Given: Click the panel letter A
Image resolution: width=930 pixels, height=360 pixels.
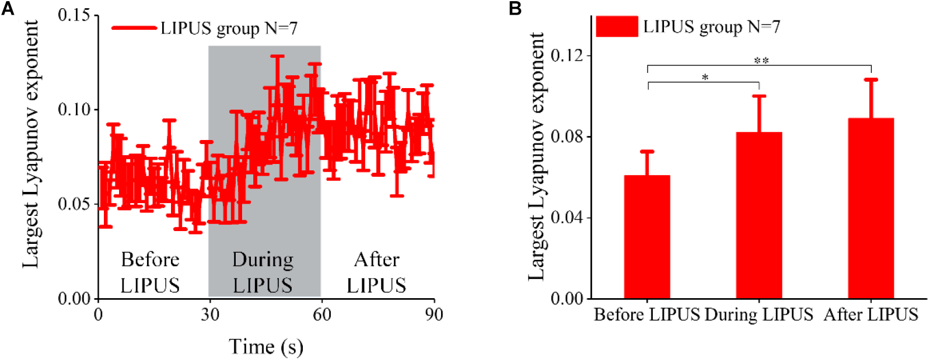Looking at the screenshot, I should coord(8,9).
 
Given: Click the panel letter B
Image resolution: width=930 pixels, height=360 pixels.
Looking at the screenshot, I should coord(515,9).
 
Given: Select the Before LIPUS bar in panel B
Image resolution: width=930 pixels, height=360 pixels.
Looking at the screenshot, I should coord(647,236).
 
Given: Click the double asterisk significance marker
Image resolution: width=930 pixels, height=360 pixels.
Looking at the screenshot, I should coord(761,61).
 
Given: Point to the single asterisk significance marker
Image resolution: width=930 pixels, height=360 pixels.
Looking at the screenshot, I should coord(705,78).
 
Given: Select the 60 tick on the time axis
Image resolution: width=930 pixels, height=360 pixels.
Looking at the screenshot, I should coord(321,315).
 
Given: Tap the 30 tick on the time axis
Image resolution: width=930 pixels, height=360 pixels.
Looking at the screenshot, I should coord(210,315).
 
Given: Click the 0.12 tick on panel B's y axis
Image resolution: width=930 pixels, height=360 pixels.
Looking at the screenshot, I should coord(567,55).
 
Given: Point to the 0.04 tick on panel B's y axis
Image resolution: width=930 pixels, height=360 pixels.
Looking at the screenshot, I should coord(567,218).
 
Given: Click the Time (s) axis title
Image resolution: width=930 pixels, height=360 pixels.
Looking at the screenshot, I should coord(266,347).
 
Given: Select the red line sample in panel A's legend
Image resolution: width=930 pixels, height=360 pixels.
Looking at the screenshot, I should coord(134,28).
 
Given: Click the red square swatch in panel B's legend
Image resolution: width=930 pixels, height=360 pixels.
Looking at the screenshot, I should coord(617,27).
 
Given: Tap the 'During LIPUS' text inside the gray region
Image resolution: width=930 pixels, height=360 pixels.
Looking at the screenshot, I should coord(263,272).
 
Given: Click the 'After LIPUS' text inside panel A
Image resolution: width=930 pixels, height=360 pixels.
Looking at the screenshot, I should coord(376,272).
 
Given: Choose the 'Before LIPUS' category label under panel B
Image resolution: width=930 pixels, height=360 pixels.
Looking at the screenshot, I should coord(646,315).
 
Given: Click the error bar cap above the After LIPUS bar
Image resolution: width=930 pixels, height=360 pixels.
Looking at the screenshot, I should coord(870,79).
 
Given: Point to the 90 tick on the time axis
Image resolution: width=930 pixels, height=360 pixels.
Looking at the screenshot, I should coord(433,315).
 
